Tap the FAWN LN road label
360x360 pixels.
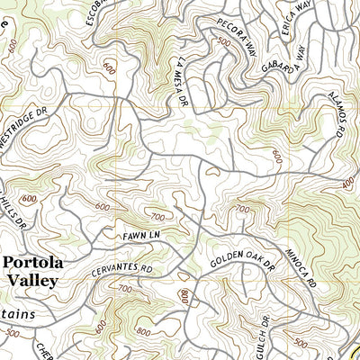[x=141, y=236]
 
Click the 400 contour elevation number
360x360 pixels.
[x=348, y=183]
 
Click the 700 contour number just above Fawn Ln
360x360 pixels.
[x=158, y=217]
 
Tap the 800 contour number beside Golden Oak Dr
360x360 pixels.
[x=184, y=296]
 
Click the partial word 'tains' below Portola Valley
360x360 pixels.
[x=18, y=314]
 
